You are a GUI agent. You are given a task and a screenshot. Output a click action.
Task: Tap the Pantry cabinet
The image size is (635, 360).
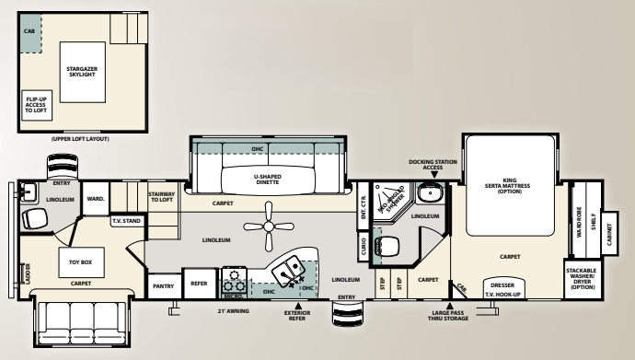165,284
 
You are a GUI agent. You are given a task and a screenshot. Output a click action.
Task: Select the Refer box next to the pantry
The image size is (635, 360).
198,284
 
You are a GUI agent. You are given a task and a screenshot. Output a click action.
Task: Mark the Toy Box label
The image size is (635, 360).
80,261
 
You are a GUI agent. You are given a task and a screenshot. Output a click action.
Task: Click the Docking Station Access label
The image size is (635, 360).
426,164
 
